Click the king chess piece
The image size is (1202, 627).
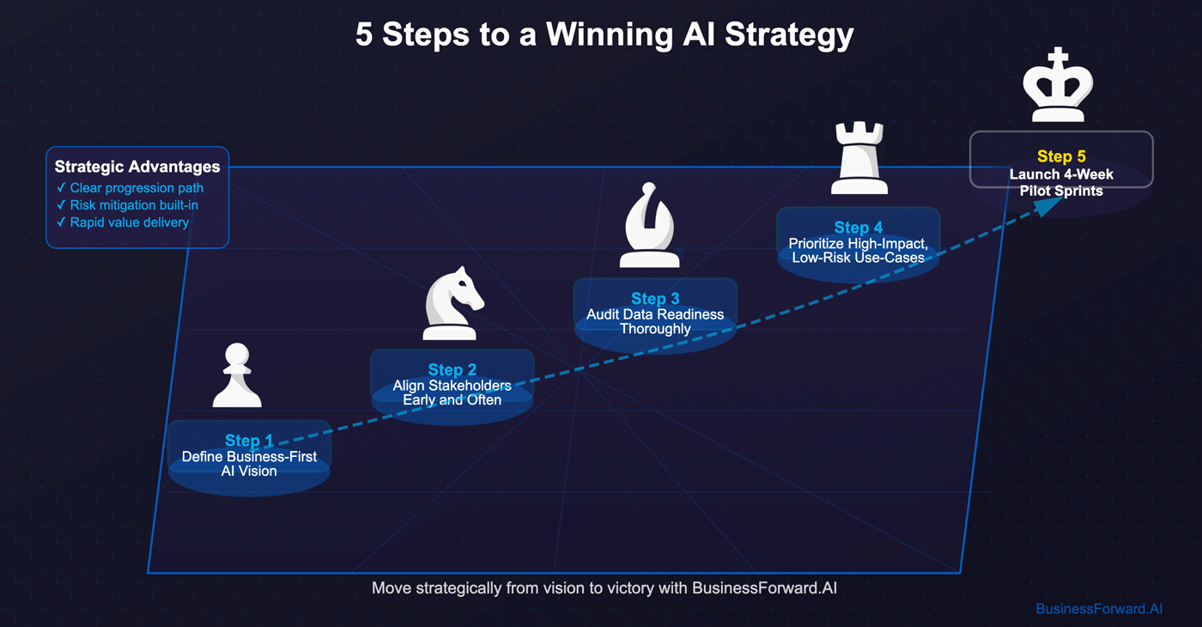tap(1058, 86)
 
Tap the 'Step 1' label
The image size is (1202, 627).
tap(249, 441)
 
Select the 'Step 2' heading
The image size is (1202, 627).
tap(452, 370)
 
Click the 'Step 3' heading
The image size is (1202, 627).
tap(655, 299)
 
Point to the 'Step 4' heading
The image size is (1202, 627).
tap(859, 228)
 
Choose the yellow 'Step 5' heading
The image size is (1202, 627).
tap(1061, 156)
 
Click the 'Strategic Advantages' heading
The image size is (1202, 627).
tap(137, 167)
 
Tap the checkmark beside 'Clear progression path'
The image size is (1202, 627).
tap(61, 188)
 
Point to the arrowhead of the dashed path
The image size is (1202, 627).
tap(1047, 207)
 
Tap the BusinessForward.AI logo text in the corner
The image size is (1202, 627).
tap(1099, 609)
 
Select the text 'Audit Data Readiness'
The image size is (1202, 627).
tap(655, 314)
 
